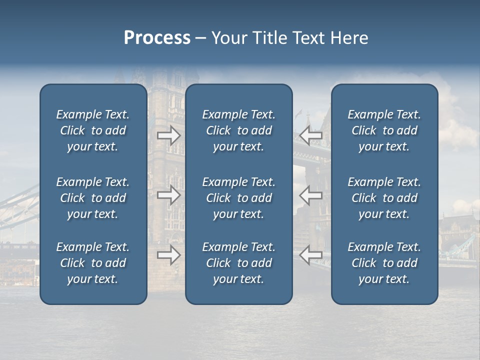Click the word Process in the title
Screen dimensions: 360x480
(157, 38)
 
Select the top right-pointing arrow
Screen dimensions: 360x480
(168, 135)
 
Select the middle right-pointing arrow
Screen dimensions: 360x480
(168, 195)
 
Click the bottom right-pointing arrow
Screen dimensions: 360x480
(168, 255)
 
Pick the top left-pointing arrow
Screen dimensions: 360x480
(311, 135)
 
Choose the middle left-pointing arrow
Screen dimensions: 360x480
(311, 195)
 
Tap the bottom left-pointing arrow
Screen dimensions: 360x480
(311, 255)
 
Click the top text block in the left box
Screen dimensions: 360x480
(93, 130)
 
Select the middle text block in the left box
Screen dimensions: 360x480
(93, 198)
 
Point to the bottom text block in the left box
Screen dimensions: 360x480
(93, 263)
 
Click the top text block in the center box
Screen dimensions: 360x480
(238, 130)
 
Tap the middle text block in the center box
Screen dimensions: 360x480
(238, 198)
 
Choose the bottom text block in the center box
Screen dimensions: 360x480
(238, 263)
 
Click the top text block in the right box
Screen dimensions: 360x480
(384, 130)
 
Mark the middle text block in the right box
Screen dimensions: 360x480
(384, 198)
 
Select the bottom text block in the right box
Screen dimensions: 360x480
(384, 263)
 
